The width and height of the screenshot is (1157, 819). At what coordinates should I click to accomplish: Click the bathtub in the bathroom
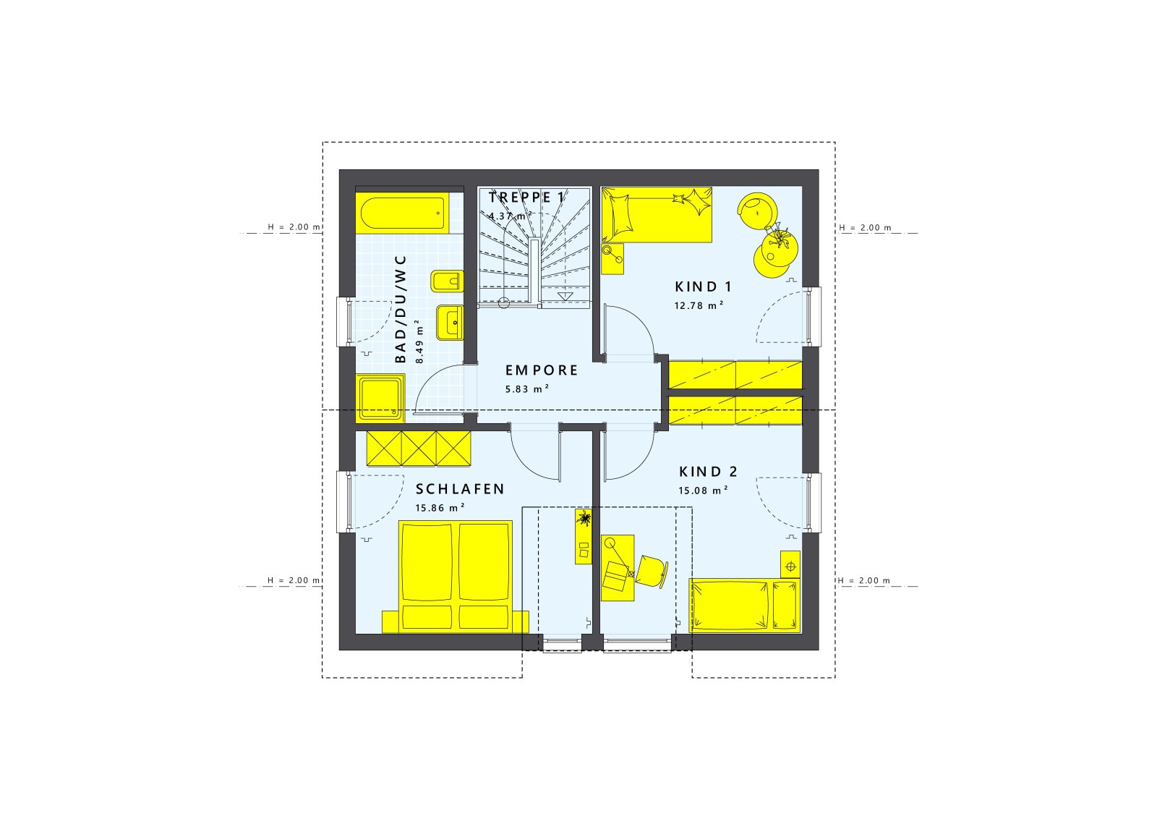[x=402, y=213]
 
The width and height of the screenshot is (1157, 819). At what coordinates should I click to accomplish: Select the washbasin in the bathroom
[x=450, y=323]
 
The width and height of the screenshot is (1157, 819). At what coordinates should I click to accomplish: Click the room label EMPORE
[x=542, y=370]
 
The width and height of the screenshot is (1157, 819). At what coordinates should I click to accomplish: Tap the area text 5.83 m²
[x=527, y=389]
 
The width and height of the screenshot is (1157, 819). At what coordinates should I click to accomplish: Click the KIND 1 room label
[x=703, y=287]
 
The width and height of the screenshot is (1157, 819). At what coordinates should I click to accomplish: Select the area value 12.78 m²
[x=699, y=305]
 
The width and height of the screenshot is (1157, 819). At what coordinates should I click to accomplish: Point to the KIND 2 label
[x=708, y=471]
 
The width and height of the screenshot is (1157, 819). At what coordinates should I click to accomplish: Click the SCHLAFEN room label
[x=460, y=489]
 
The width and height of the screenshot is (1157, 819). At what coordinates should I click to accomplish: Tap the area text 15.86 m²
[x=440, y=508]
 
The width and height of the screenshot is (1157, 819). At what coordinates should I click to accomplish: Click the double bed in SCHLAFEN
[x=456, y=577]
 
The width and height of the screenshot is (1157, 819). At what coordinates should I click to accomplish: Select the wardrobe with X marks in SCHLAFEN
[x=419, y=449]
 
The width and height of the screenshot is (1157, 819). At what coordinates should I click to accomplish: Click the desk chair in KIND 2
[x=652, y=571]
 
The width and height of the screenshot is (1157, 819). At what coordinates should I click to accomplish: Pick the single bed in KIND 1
[x=657, y=215]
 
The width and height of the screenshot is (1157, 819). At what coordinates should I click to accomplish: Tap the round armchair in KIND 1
[x=757, y=211]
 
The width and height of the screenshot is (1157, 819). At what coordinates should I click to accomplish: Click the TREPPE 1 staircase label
[x=526, y=197]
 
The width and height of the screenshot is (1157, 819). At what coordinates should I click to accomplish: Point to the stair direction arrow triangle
[x=565, y=296]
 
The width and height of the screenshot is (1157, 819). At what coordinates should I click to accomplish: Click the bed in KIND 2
[x=744, y=606]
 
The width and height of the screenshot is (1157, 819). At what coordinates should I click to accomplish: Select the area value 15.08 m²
[x=703, y=491]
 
